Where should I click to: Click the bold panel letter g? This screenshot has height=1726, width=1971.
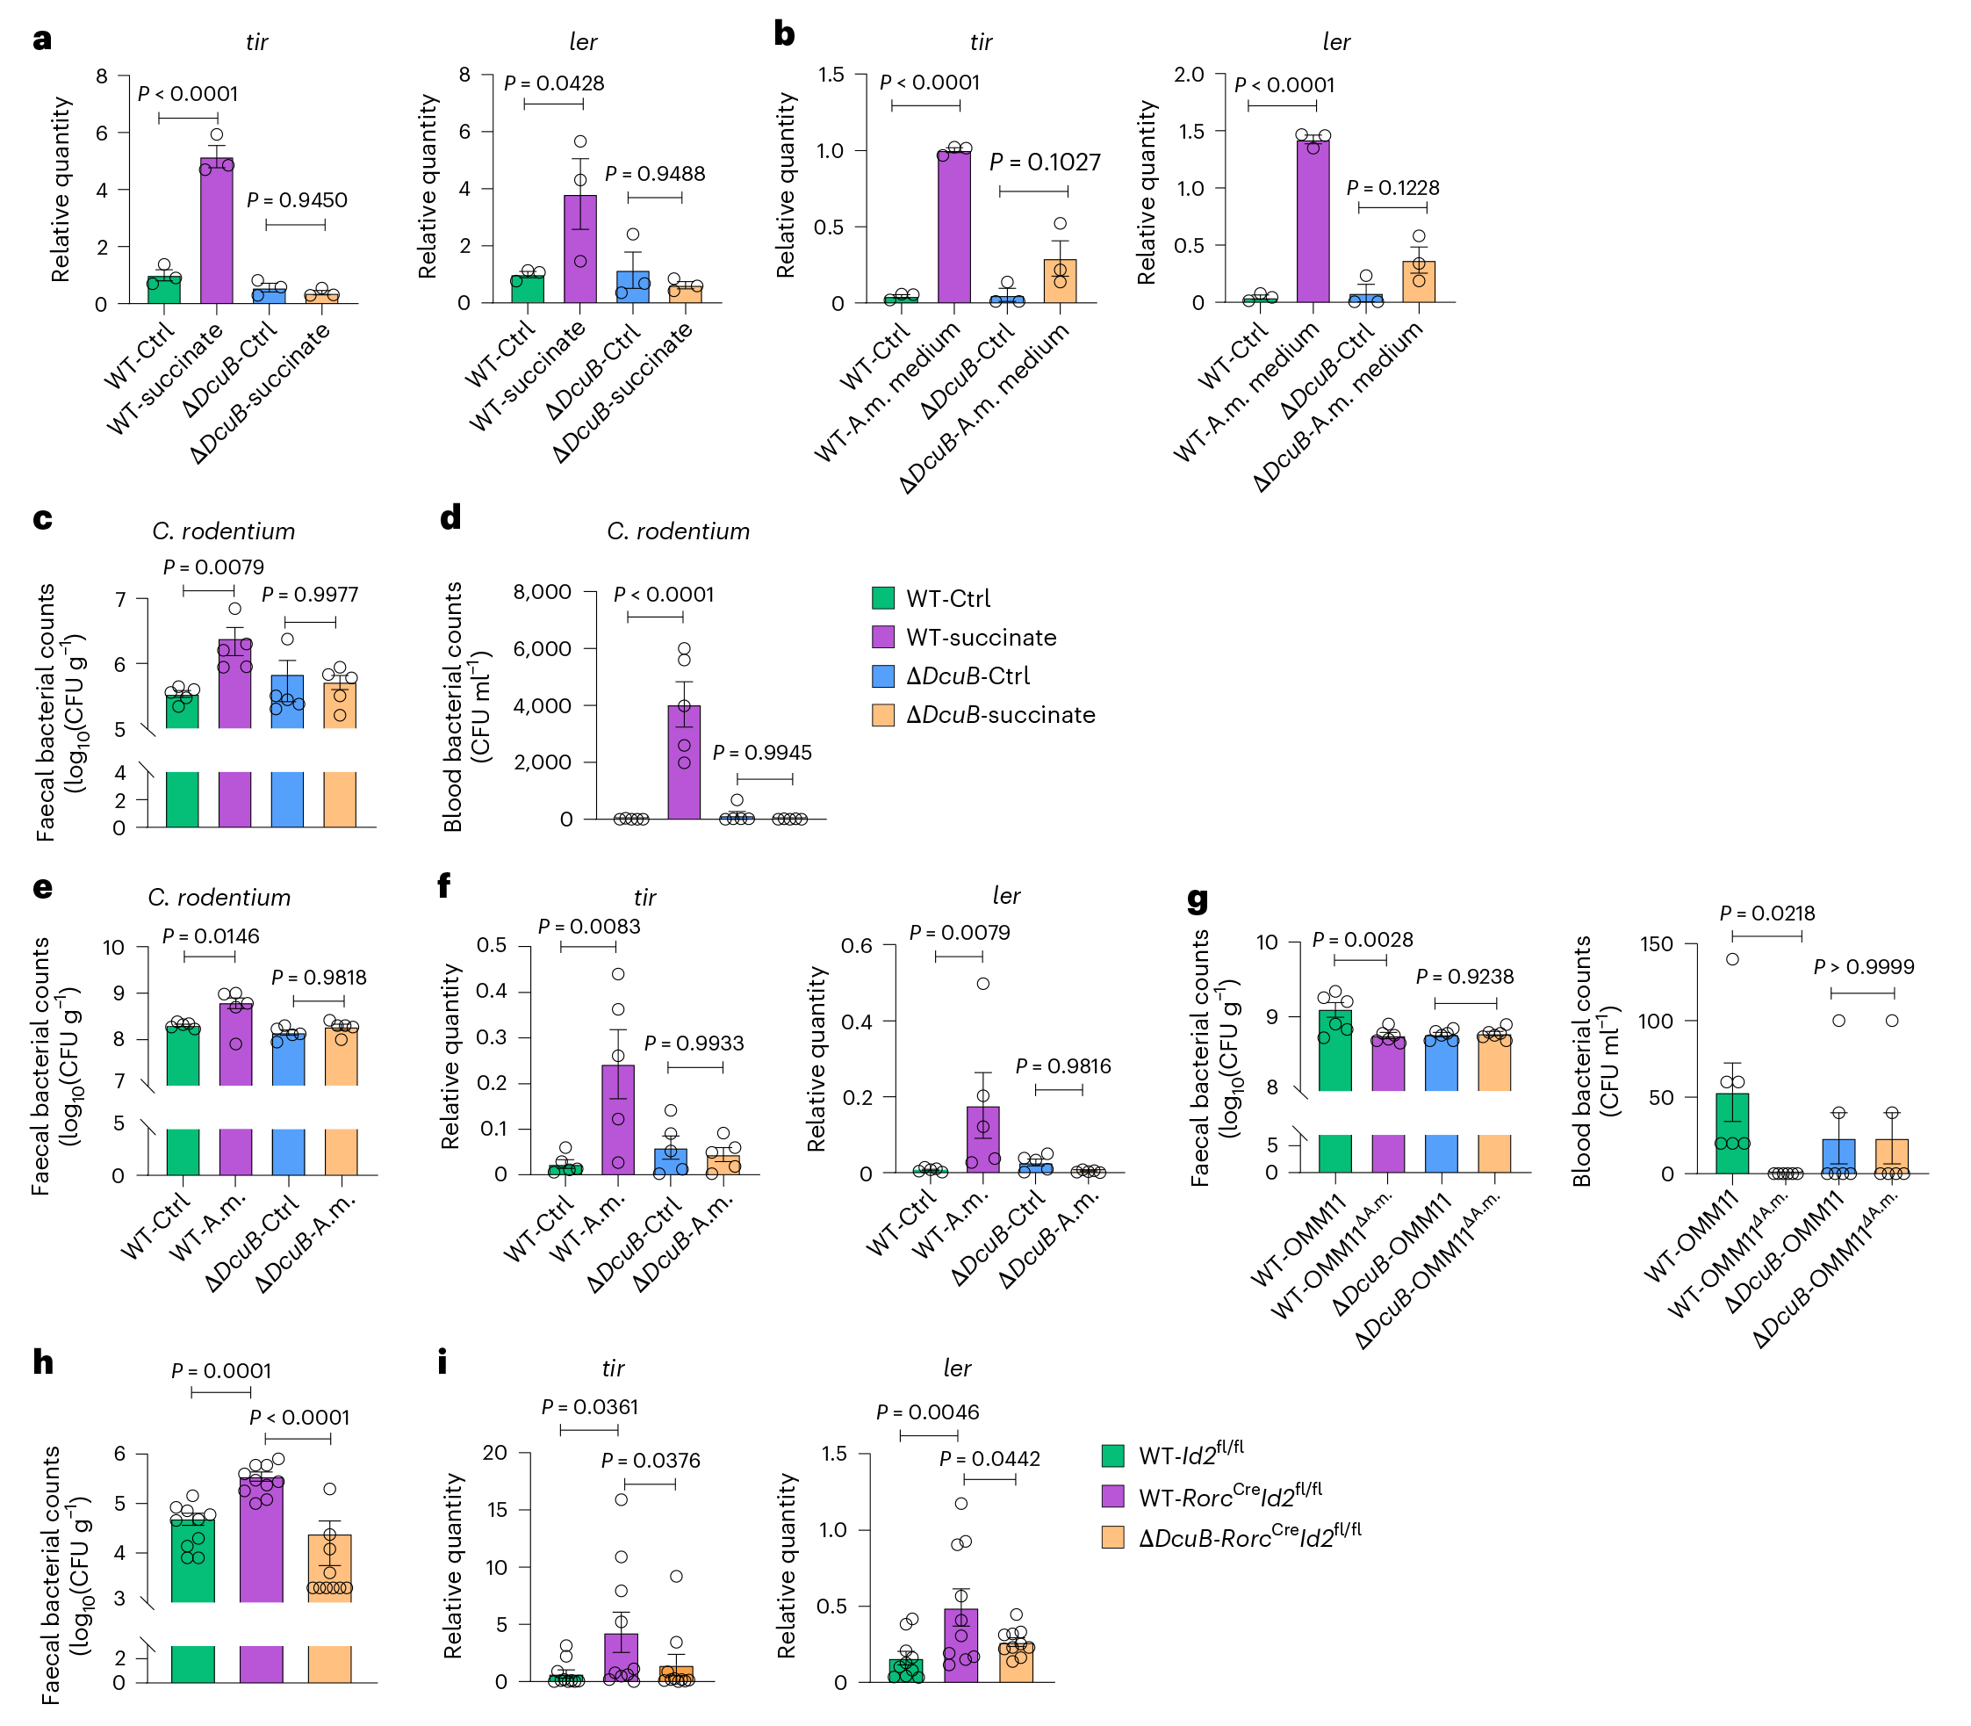(x=1197, y=901)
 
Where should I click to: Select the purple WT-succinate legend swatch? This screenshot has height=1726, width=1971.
(x=882, y=637)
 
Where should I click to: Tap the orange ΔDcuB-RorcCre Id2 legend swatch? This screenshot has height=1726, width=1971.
(x=1112, y=1536)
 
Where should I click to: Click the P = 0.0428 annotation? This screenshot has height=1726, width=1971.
(x=554, y=83)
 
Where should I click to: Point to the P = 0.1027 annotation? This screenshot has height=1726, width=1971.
(x=1045, y=162)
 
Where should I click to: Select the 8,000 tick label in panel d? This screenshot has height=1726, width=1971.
(x=542, y=591)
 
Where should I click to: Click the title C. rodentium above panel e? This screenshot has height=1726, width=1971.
(x=219, y=898)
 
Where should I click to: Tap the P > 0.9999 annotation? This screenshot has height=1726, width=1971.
(x=1863, y=966)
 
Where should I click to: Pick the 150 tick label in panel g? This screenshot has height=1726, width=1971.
(x=1657, y=944)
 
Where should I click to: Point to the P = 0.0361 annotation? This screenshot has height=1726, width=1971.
(x=590, y=1407)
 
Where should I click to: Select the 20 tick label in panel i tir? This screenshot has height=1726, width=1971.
(x=494, y=1453)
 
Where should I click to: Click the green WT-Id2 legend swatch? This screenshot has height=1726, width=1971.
(x=1112, y=1455)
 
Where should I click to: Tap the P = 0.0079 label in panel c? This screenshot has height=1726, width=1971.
(x=212, y=567)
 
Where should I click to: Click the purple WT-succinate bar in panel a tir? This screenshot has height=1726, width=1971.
(x=217, y=230)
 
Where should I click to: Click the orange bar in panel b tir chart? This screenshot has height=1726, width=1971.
(x=1059, y=281)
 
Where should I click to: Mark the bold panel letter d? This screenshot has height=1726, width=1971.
(x=450, y=518)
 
